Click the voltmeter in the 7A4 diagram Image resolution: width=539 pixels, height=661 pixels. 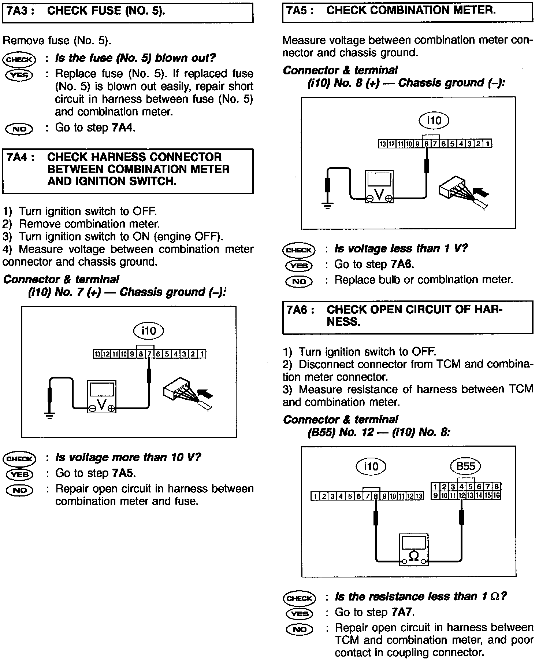point(102,397)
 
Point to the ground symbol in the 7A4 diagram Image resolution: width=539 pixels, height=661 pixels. point(50,416)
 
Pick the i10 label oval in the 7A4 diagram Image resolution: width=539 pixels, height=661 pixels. point(148,331)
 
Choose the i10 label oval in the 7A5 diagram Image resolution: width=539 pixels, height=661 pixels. point(434,120)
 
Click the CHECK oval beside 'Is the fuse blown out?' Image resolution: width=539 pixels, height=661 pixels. point(19,59)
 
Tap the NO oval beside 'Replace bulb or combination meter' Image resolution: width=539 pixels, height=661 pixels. point(299,281)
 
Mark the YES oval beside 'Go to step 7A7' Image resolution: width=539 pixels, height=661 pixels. point(299,613)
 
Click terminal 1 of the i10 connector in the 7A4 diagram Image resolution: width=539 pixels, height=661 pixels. point(202,354)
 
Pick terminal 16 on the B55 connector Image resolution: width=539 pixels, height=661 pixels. point(497,496)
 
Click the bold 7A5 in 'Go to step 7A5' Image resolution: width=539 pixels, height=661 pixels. point(124,473)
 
